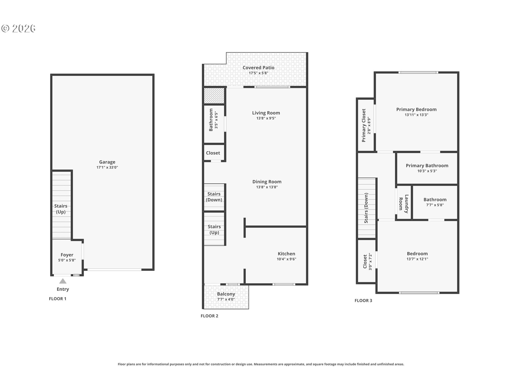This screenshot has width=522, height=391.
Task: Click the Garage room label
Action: [x=107, y=162]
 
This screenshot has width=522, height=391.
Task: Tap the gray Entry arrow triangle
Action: [x=63, y=281]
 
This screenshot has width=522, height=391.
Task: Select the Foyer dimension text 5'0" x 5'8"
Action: [x=67, y=260]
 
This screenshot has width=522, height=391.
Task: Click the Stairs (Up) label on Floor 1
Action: [x=61, y=209]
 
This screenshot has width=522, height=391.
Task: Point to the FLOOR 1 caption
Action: [x=58, y=299]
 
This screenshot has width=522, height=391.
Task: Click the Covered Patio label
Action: [x=259, y=68]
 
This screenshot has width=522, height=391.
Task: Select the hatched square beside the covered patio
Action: [x=214, y=96]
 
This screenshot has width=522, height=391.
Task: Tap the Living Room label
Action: [x=266, y=113]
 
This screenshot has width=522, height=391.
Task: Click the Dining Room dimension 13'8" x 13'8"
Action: [x=267, y=187]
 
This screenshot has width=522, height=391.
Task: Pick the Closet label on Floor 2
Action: [x=213, y=153]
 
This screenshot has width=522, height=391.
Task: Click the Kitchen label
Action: [x=286, y=254]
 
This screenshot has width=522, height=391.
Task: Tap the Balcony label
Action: [x=226, y=294]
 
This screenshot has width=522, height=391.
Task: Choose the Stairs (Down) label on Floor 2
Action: [x=214, y=197]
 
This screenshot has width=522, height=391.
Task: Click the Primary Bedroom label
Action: [x=416, y=109]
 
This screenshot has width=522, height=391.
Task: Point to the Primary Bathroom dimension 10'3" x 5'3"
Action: [x=427, y=171]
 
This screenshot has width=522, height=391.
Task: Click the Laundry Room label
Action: [x=403, y=204]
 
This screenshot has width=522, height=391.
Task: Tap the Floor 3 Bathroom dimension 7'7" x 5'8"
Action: [x=435, y=205]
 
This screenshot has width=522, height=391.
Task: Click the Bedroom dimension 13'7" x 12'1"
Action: [x=417, y=259]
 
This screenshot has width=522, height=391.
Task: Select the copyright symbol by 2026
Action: [x=5, y=29]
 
